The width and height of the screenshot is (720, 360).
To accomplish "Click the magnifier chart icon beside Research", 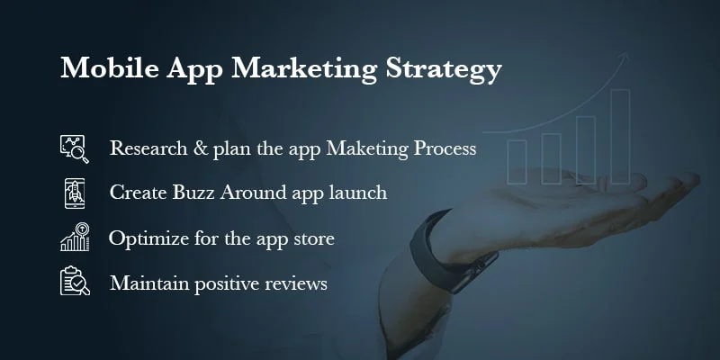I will point(75,148).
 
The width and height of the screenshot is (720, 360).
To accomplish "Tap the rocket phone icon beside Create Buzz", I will point(75,193).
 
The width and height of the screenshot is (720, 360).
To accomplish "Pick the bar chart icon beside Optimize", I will point(75,238).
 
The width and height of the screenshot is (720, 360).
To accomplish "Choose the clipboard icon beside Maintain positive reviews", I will point(75,282).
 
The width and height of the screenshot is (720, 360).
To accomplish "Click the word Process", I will point(443,148).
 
